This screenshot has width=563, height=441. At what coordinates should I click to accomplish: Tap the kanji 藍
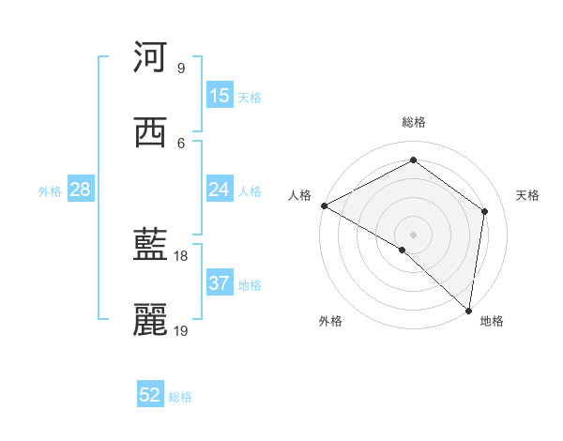150,247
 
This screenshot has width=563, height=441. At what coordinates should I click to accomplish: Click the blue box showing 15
220,96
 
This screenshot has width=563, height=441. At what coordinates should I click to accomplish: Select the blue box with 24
220,190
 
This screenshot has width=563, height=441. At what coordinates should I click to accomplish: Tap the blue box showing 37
220,283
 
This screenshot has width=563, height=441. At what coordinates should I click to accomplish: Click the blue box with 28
81,190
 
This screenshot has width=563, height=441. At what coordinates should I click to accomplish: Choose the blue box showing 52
150,395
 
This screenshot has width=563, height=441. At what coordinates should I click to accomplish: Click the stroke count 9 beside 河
181,68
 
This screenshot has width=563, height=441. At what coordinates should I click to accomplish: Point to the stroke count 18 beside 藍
181,255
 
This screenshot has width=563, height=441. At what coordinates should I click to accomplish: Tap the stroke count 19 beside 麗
181,330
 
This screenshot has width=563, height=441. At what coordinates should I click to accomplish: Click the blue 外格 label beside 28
50,191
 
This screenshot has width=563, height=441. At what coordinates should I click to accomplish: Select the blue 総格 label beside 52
180,397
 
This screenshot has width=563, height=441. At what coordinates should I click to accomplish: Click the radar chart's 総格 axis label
413,122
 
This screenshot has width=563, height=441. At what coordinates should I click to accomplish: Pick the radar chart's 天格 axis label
527,195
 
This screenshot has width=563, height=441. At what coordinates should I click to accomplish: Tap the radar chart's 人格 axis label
299,195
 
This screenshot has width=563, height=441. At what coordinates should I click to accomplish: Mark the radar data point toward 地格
469,310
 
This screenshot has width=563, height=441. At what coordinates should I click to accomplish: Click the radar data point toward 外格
403,250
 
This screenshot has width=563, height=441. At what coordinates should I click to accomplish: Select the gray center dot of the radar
413,235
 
